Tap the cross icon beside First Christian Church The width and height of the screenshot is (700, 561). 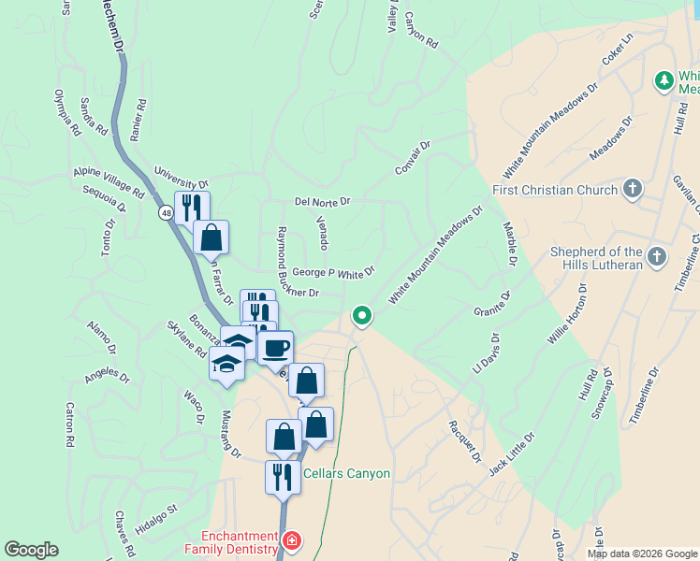click(x=633, y=190)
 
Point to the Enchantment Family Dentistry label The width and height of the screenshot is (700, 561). click(x=241, y=542)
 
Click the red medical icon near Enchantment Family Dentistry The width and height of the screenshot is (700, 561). click(x=292, y=540)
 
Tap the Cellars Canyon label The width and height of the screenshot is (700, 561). click(x=346, y=474)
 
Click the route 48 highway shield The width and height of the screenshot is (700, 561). click(x=165, y=213)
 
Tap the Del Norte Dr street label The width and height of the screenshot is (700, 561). click(x=322, y=201)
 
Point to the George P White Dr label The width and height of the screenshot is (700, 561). click(x=333, y=273)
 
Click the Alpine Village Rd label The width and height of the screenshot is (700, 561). click(x=109, y=182)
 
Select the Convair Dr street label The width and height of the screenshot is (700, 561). click(x=412, y=157)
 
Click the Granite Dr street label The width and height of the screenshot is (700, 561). click(x=491, y=303)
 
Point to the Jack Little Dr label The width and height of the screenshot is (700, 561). click(x=511, y=454)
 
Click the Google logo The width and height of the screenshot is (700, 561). click(x=31, y=550)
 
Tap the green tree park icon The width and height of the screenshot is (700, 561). click(x=664, y=81)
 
